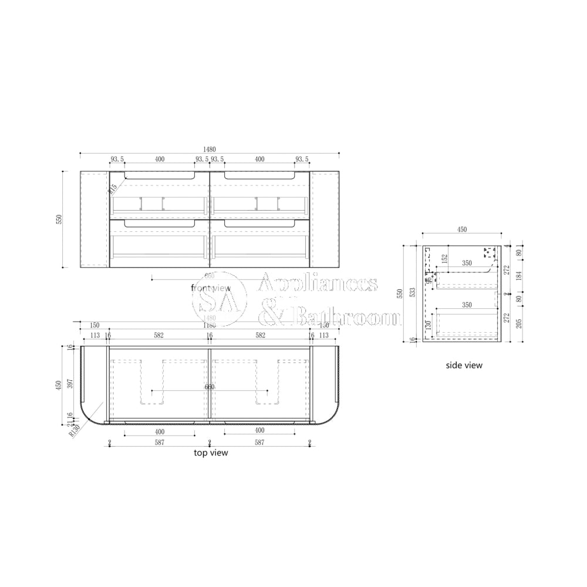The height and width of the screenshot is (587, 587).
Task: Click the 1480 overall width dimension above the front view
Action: click(x=210, y=149)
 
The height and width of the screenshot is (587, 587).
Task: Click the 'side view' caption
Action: click(x=464, y=365)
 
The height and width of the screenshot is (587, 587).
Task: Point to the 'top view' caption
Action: click(x=211, y=453)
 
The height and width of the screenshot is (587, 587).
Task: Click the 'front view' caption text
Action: click(x=211, y=288)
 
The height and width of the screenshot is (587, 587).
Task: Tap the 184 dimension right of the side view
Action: click(x=519, y=275)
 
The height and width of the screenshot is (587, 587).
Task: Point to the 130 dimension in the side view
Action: click(x=429, y=325)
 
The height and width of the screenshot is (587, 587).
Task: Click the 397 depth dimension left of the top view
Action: click(x=70, y=383)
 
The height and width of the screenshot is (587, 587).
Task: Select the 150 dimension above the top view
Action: click(x=95, y=325)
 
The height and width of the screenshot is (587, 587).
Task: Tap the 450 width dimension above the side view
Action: click(x=462, y=230)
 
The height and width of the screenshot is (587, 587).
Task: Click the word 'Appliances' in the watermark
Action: click(x=318, y=284)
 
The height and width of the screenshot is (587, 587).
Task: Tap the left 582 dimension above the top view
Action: click(x=158, y=335)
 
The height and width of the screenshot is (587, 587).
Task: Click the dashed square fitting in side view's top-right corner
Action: click(x=490, y=253)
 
